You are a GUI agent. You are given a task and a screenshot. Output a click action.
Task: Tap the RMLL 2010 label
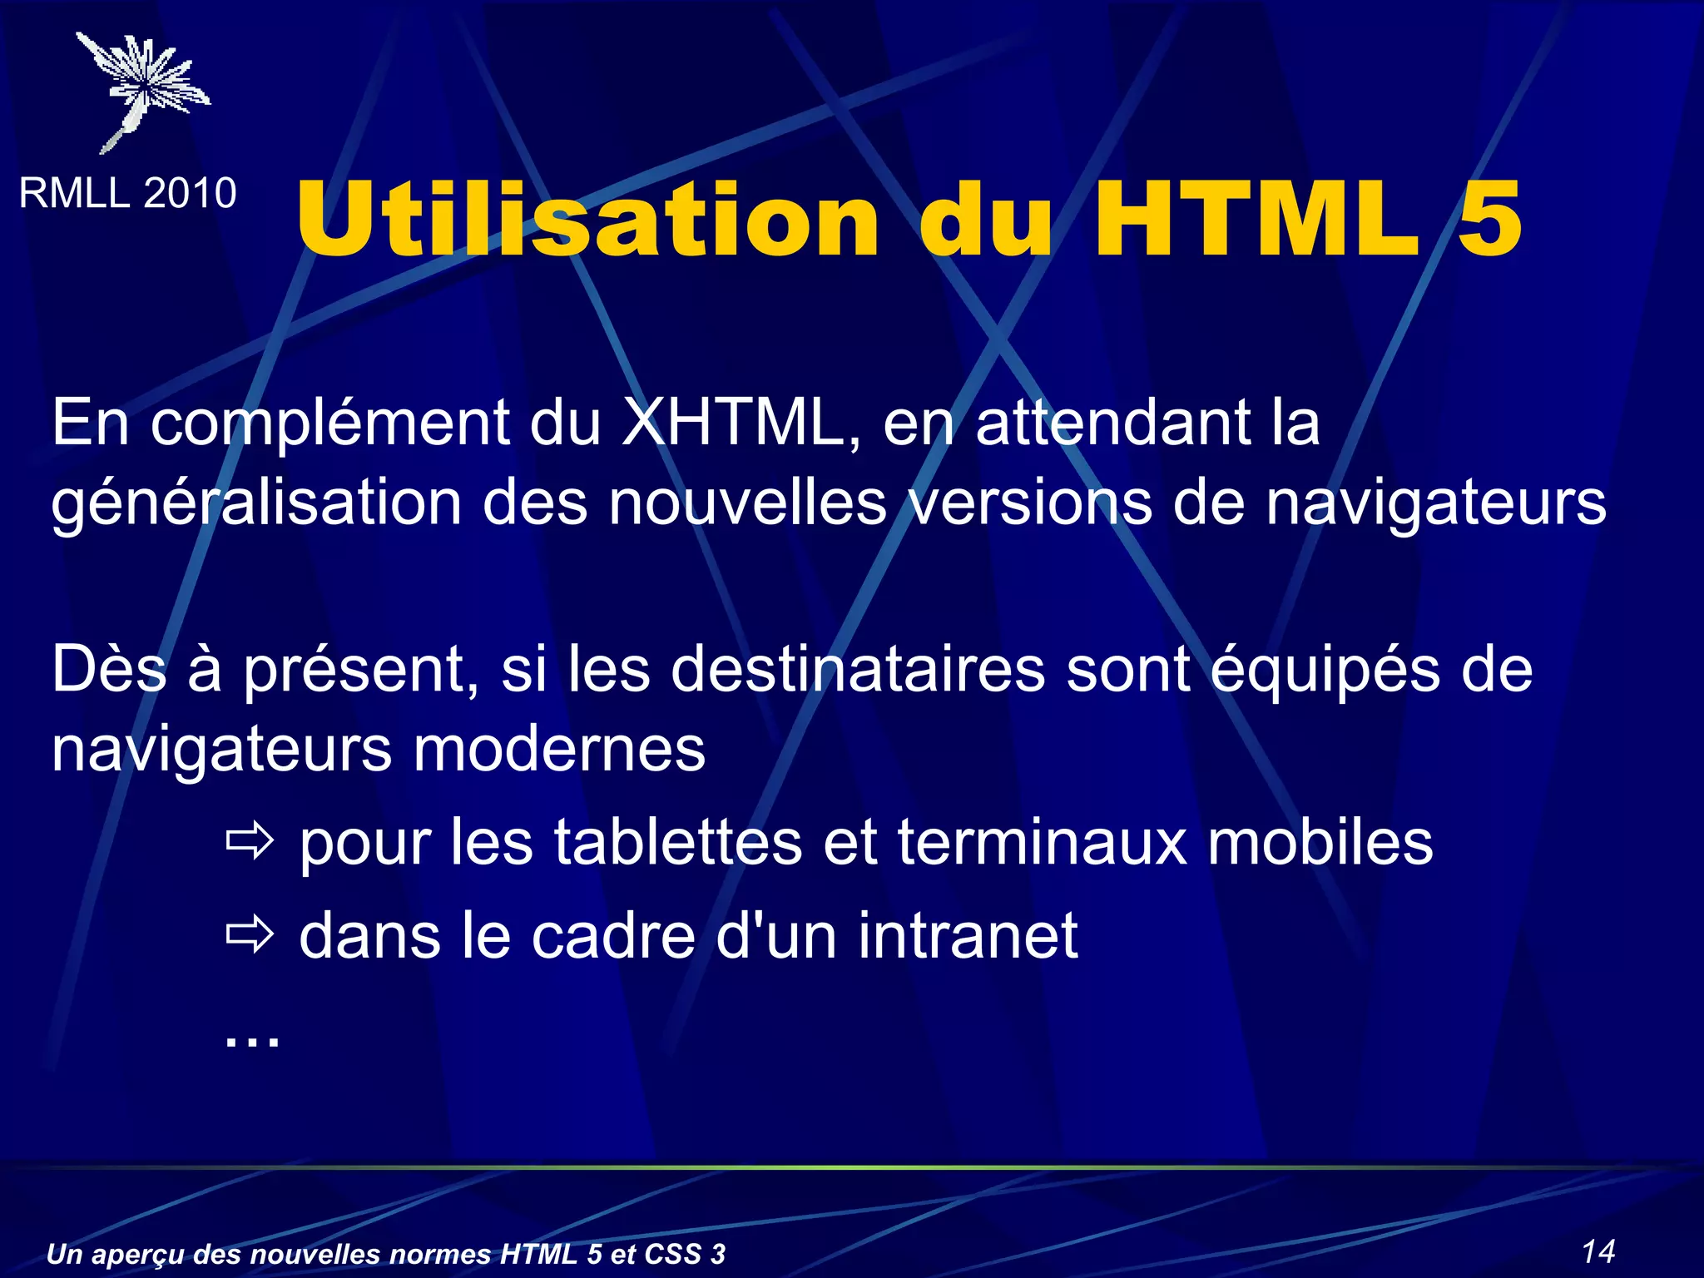127,194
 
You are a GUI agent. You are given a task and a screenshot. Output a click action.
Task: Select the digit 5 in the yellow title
1489,220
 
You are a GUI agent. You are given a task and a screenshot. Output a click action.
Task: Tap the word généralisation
256,504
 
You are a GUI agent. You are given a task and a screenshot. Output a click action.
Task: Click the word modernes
559,749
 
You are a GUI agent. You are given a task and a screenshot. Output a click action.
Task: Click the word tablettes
677,842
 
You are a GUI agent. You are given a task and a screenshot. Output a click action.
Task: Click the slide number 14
1597,1251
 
